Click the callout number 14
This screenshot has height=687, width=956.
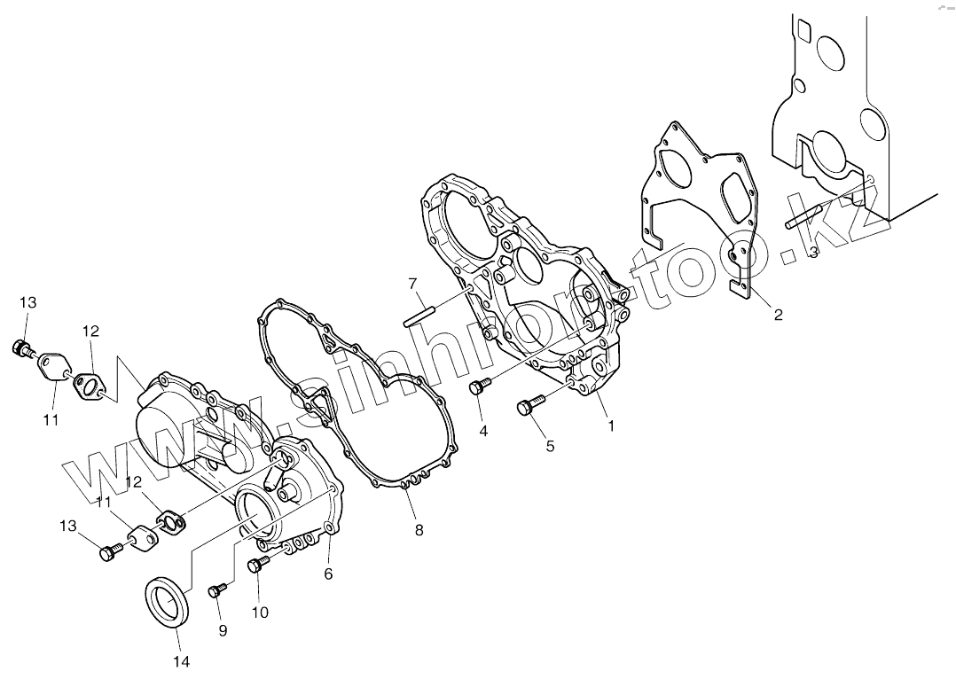pyautogui.click(x=182, y=660)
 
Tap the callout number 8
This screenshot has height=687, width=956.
pyautogui.click(x=419, y=530)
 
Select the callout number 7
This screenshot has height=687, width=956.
pyautogui.click(x=412, y=284)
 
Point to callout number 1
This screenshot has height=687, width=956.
pyautogui.click(x=610, y=425)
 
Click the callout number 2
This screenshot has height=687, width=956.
pyautogui.click(x=778, y=315)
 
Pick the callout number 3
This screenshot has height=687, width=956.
pyautogui.click(x=813, y=253)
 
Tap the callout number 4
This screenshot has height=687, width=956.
pyautogui.click(x=483, y=432)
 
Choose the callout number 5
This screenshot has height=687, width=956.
pyautogui.click(x=550, y=446)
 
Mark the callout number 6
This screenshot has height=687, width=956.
pyautogui.click(x=328, y=574)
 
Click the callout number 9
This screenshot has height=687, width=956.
pyautogui.click(x=223, y=630)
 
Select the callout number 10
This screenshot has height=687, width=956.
pyautogui.click(x=260, y=612)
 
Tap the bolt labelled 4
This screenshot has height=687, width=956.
pyautogui.click(x=480, y=386)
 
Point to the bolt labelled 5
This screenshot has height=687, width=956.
pyautogui.click(x=526, y=407)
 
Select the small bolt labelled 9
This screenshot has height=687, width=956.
pyautogui.click(x=214, y=590)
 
